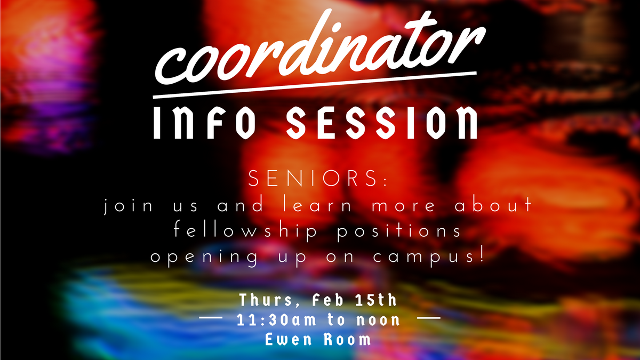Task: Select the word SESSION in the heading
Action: (382, 122)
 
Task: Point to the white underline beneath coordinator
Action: (315, 86)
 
